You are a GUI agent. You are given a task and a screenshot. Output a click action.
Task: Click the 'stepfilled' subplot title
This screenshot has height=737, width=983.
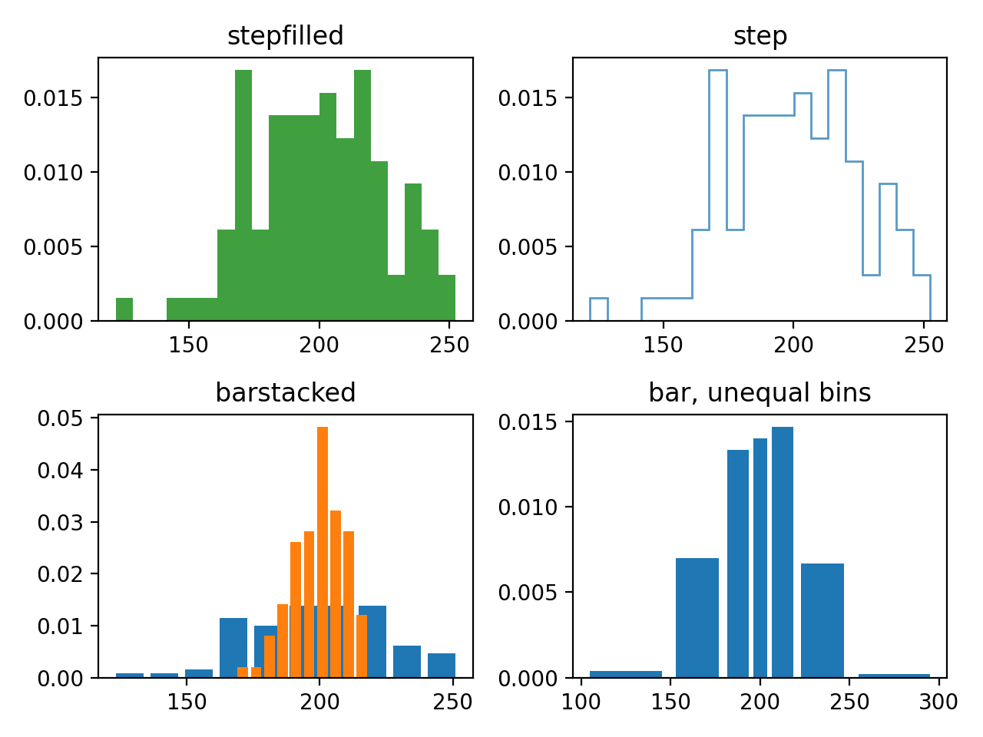click(x=285, y=36)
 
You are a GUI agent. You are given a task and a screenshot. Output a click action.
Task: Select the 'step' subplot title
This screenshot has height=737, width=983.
click(x=760, y=36)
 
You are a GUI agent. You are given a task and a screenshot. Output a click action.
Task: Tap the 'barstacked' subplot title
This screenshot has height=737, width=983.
click(x=285, y=393)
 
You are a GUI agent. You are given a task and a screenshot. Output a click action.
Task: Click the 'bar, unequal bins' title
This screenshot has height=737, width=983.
click(x=760, y=393)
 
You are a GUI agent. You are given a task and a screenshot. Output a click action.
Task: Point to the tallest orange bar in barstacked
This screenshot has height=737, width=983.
click(x=323, y=553)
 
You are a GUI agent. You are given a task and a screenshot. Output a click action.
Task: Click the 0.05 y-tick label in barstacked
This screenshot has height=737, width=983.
click(x=61, y=418)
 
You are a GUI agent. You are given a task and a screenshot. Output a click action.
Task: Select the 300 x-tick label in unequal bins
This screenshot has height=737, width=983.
click(x=938, y=702)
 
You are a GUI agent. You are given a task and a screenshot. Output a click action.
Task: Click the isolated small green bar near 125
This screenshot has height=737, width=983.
click(x=124, y=309)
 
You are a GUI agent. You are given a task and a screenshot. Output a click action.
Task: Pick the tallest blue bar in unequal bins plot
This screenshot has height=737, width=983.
click(x=783, y=553)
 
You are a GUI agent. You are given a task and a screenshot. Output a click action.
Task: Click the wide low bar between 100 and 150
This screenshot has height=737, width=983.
click(x=626, y=674)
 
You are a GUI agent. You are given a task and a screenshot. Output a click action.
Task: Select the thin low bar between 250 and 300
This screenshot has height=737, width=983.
click(x=894, y=676)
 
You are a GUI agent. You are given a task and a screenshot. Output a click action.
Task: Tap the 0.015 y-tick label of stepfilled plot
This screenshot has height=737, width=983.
click(x=53, y=98)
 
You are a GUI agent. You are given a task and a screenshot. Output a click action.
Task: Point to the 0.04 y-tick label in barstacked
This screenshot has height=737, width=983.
click(x=61, y=471)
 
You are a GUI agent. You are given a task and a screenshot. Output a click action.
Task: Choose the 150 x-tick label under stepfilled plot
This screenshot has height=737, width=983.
click(x=188, y=345)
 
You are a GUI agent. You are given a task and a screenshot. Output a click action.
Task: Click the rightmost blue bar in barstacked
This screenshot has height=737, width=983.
click(x=442, y=666)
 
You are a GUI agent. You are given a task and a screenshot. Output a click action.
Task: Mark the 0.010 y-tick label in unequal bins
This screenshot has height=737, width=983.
click(x=528, y=507)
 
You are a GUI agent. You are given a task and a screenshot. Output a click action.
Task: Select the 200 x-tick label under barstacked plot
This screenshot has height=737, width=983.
click(x=319, y=702)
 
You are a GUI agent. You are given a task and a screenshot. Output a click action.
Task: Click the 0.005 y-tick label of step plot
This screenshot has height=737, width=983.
click(x=528, y=247)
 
